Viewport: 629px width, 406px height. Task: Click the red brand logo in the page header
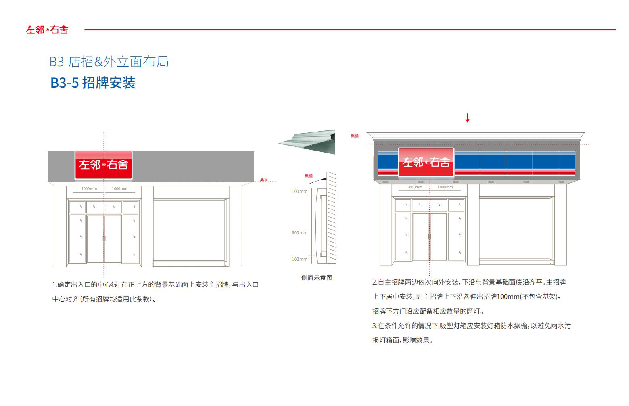click(x=47, y=30)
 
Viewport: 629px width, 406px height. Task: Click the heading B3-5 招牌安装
click(x=93, y=83)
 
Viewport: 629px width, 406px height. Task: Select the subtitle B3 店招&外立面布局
click(x=109, y=62)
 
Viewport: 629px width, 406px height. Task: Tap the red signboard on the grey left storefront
click(x=103, y=165)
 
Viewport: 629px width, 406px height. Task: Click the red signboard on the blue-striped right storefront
click(x=426, y=162)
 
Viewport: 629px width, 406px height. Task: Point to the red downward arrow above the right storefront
click(x=467, y=118)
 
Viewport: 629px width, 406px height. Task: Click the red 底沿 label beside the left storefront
click(x=264, y=179)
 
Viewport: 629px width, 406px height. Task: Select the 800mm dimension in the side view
click(x=299, y=233)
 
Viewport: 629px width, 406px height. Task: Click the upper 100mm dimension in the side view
click(x=299, y=191)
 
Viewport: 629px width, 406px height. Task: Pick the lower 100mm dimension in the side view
click(x=299, y=259)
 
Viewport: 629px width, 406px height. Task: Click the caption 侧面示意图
click(x=317, y=278)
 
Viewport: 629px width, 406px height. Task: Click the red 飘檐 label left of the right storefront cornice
click(x=355, y=136)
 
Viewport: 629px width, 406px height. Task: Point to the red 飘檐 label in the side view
click(x=309, y=176)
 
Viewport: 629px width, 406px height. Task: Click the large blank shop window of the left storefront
click(x=189, y=230)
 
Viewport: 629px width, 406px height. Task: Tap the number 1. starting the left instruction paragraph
click(x=54, y=285)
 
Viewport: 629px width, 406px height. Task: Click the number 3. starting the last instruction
click(x=375, y=326)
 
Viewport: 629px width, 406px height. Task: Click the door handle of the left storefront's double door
click(x=104, y=238)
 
